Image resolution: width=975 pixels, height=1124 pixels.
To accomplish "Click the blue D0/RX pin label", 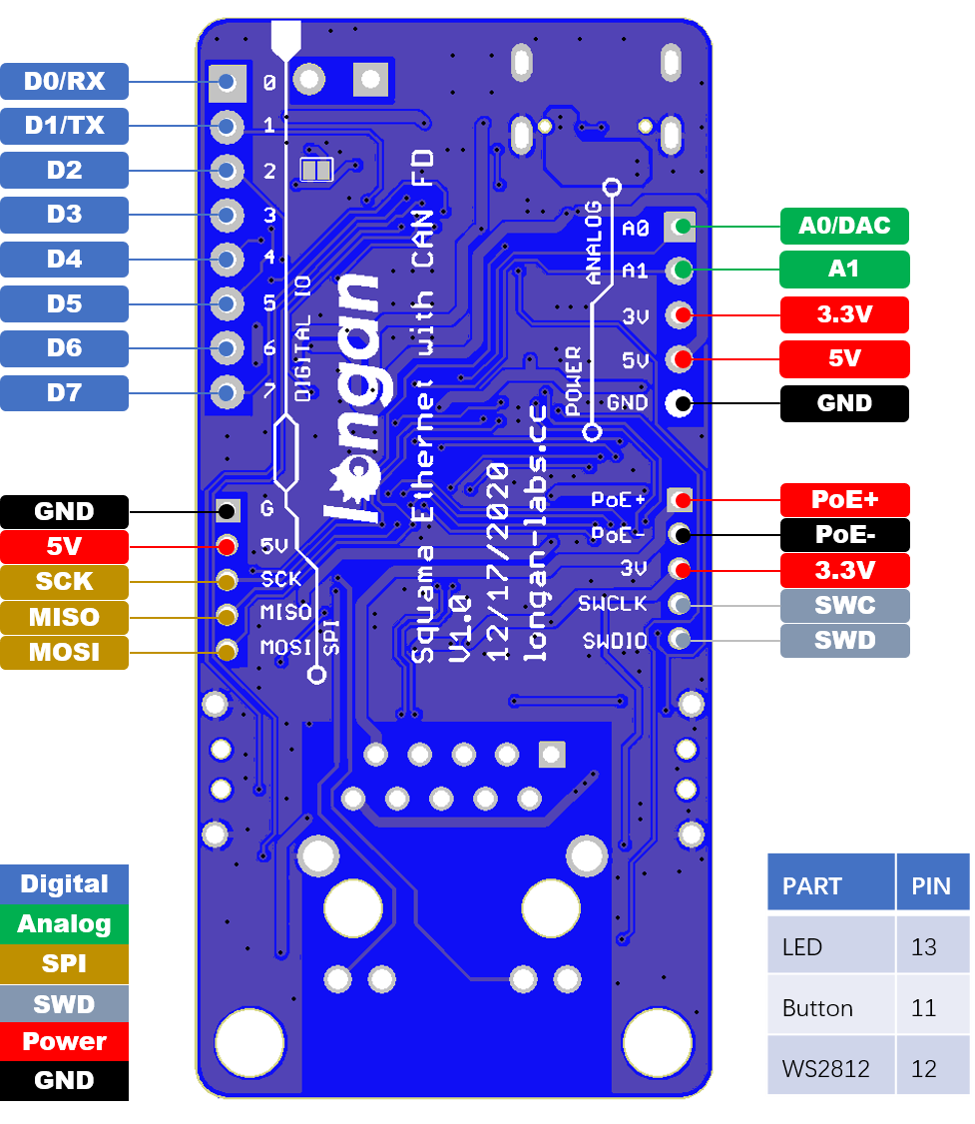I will (x=64, y=81).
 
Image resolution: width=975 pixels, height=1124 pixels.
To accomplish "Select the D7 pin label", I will (x=64, y=392).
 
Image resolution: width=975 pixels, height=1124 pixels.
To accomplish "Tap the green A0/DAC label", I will (x=844, y=226).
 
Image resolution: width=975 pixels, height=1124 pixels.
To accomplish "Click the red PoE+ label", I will (x=844, y=499).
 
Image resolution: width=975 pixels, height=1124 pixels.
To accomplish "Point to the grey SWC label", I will (x=844, y=606).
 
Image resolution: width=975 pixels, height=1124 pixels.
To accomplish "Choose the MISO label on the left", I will (x=64, y=617).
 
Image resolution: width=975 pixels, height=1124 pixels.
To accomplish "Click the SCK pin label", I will (x=64, y=581).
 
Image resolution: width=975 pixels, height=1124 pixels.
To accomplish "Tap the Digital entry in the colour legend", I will (x=64, y=883).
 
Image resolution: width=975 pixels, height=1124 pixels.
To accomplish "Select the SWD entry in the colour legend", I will (x=64, y=1004).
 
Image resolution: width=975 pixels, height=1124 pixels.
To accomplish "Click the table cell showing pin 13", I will (x=932, y=946).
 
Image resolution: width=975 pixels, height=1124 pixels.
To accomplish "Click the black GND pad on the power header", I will (x=682, y=403).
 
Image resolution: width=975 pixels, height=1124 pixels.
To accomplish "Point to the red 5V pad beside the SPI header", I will (x=228, y=546).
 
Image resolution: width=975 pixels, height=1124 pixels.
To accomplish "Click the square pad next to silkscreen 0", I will (x=228, y=82).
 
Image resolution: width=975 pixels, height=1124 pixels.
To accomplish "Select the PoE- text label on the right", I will (x=844, y=535).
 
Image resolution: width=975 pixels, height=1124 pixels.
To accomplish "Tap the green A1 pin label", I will (x=844, y=269).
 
